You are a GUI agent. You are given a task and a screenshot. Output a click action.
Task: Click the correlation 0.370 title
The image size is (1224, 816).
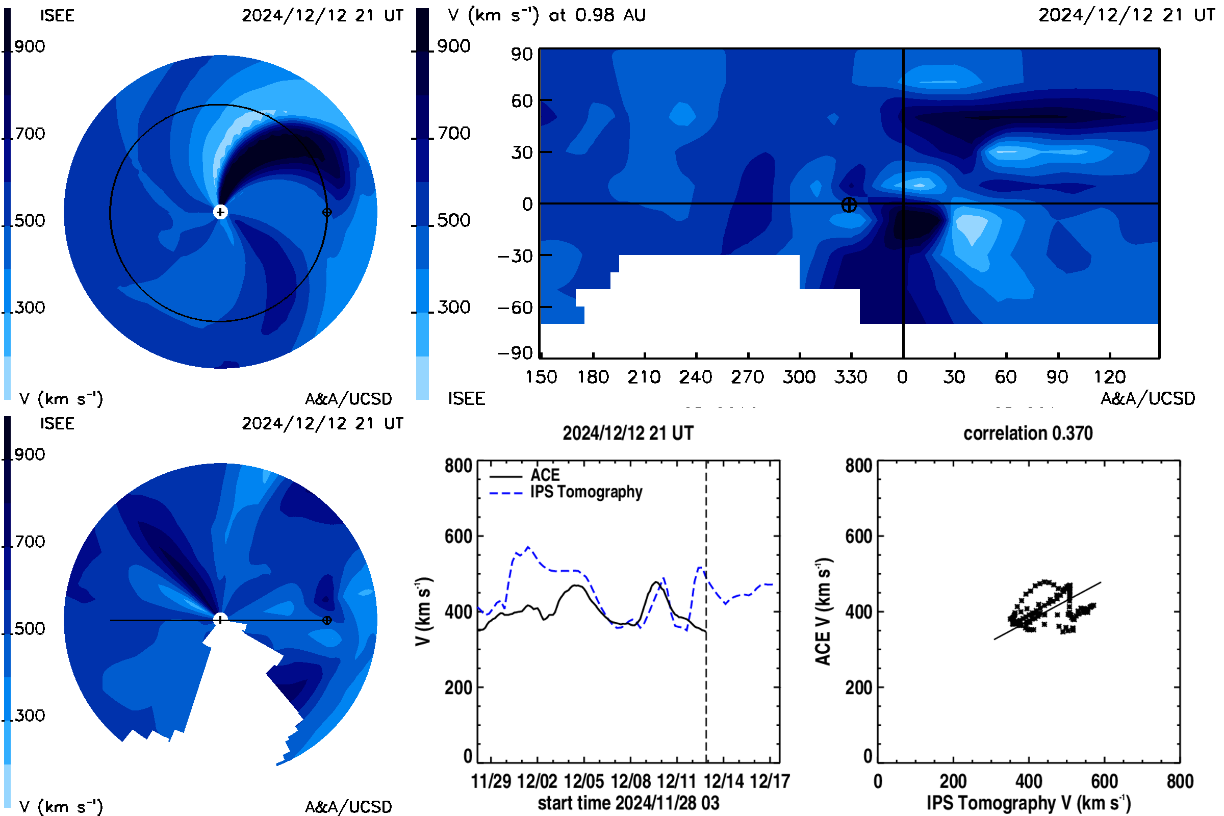tap(1028, 433)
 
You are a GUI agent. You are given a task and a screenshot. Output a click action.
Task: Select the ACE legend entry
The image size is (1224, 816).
tap(545, 475)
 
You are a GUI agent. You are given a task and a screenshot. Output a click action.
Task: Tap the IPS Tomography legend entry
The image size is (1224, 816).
tap(586, 492)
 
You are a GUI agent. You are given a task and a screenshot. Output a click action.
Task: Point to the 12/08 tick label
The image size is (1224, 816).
tap(630, 781)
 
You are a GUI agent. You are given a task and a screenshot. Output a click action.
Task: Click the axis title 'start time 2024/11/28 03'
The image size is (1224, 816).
tap(628, 803)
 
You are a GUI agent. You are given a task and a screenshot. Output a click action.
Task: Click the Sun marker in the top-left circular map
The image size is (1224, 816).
tap(221, 212)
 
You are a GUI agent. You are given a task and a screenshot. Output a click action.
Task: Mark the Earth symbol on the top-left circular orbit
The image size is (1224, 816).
tap(327, 212)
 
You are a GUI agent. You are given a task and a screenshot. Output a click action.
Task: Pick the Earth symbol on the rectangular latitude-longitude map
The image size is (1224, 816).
tap(849, 205)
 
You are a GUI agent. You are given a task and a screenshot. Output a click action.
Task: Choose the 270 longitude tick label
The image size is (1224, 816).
tap(747, 377)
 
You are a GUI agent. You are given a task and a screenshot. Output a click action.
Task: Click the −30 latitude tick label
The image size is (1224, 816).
tap(515, 256)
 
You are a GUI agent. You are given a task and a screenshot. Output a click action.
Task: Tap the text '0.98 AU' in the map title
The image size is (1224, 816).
tap(610, 15)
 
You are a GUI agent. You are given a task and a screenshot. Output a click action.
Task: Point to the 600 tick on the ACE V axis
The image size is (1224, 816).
tap(858, 536)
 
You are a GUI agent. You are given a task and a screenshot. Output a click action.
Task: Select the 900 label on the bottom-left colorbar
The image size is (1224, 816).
tap(29, 454)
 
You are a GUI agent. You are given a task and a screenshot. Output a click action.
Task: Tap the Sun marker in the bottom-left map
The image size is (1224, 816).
tap(221, 620)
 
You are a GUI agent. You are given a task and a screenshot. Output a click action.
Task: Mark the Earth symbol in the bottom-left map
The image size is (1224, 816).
tap(327, 620)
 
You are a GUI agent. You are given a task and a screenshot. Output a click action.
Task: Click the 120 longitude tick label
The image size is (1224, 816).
tap(1110, 377)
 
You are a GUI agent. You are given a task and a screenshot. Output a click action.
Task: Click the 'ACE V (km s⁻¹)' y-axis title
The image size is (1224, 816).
tap(823, 611)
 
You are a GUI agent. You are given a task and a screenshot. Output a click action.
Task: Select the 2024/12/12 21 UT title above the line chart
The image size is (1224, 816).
tap(628, 433)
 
